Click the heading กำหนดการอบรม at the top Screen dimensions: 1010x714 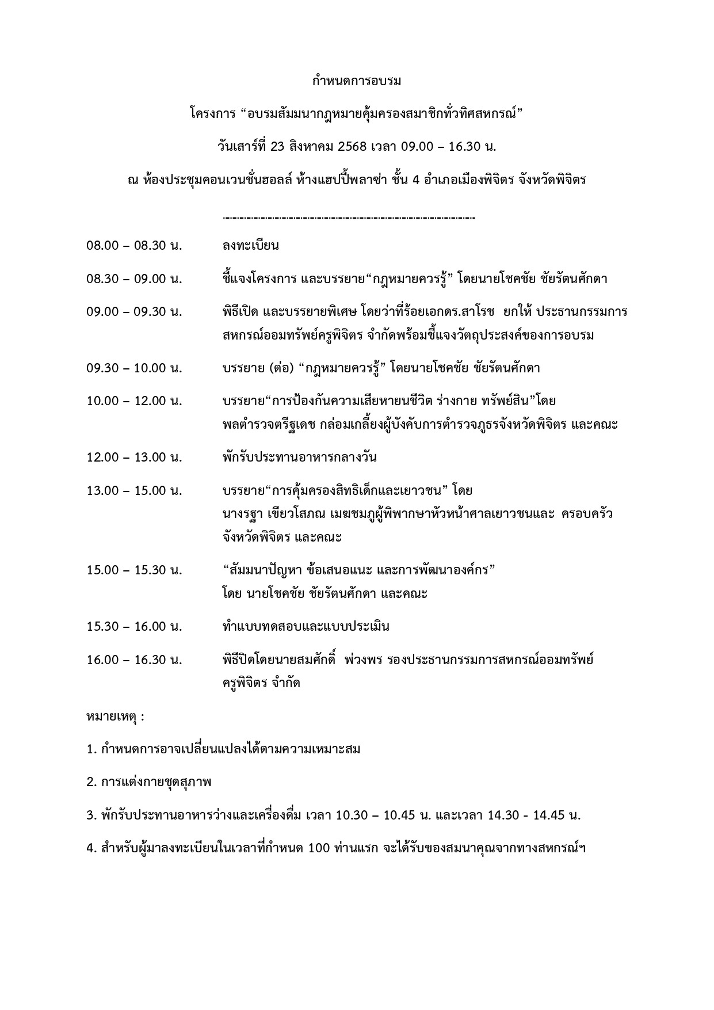coord(356,81)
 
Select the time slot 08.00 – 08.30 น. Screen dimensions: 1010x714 coord(134,246)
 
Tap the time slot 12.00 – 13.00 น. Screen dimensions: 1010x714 coord(134,458)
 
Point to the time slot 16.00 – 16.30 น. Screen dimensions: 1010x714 coord(134,660)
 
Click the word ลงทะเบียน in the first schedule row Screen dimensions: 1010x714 coord(250,246)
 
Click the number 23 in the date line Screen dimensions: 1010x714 coord(277,147)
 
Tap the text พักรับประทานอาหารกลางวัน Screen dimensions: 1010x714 coord(299,458)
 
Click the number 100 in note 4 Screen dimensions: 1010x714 coord(318,848)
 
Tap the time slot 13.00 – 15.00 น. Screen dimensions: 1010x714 coord(134,491)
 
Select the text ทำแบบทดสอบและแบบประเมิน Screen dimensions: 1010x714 coord(306,626)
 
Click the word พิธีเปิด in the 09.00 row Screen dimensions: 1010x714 coord(239,312)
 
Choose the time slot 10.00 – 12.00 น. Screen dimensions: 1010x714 coord(134,401)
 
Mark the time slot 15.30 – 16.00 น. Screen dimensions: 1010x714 coord(134,626)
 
